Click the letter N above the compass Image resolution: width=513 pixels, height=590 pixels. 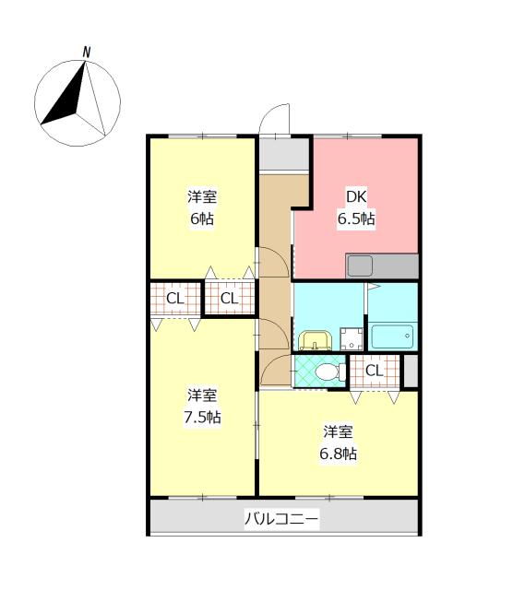pyautogui.click(x=87, y=53)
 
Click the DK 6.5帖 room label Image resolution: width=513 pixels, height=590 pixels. pyautogui.click(x=356, y=207)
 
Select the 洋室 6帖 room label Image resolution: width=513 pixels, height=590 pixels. pyautogui.click(x=202, y=207)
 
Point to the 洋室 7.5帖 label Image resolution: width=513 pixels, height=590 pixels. pyautogui.click(x=202, y=406)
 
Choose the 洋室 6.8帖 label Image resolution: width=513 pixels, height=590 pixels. pyautogui.click(x=339, y=442)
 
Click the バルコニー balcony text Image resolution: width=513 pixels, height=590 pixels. pyautogui.click(x=281, y=519)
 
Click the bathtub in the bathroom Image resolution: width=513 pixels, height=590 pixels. pyautogui.click(x=392, y=336)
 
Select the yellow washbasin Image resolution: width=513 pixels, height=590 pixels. pyautogui.click(x=315, y=340)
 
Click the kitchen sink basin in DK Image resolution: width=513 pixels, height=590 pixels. pyautogui.click(x=360, y=265)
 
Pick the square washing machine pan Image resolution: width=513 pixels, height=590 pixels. pyautogui.click(x=352, y=339)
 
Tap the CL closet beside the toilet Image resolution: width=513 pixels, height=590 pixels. pyautogui.click(x=374, y=371)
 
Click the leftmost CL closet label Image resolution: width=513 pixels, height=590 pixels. pyautogui.click(x=175, y=299)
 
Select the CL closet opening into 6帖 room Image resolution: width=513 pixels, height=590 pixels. pyautogui.click(x=230, y=298)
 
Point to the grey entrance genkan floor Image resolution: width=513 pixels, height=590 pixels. pyautogui.click(x=284, y=154)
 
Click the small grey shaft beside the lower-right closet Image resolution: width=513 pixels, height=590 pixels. pyautogui.click(x=411, y=371)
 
